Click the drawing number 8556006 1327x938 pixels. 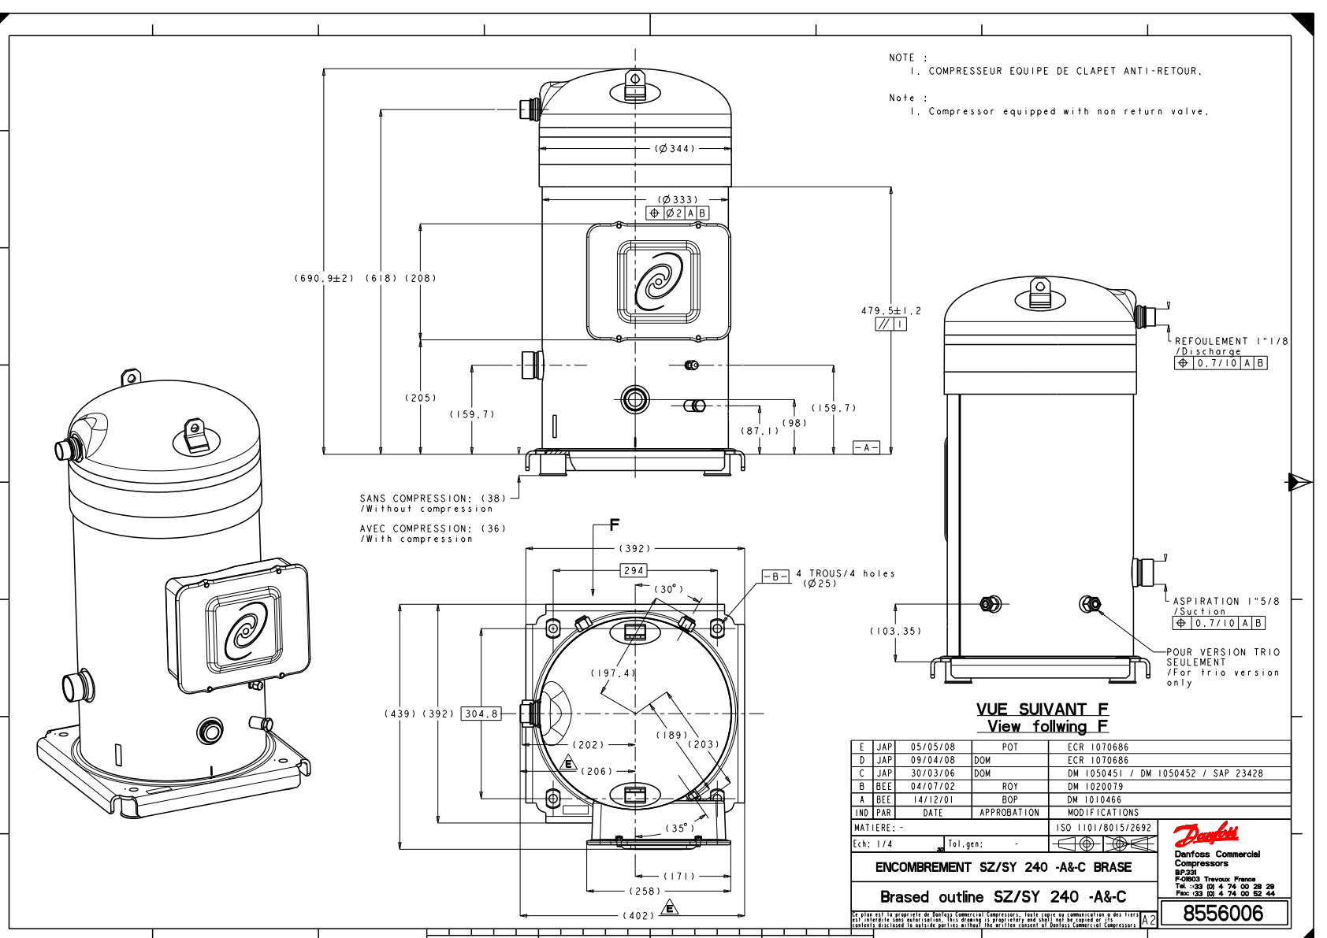pyautogui.click(x=1223, y=914)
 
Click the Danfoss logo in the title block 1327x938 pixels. pyautogui.click(x=1206, y=835)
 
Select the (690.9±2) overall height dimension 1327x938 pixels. pyautogui.click(x=324, y=278)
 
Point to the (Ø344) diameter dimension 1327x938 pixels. pyautogui.click(x=675, y=148)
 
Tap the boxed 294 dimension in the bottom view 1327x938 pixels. pyautogui.click(x=634, y=570)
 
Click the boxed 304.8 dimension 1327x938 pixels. pyautogui.click(x=481, y=714)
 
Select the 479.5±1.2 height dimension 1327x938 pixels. pyautogui.click(x=890, y=311)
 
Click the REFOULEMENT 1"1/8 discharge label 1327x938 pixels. pyautogui.click(x=1231, y=341)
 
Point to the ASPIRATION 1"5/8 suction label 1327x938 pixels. pyautogui.click(x=1226, y=601)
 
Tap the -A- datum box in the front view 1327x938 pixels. pyautogui.click(x=866, y=447)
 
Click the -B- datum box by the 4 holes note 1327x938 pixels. pyautogui.click(x=775, y=577)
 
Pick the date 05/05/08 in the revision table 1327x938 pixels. pyautogui.click(x=932, y=747)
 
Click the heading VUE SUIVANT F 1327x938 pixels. pyautogui.click(x=1042, y=709)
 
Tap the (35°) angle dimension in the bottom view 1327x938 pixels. pyautogui.click(x=679, y=828)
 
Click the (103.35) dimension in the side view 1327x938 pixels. pyautogui.click(x=895, y=631)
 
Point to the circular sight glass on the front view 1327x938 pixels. pyautogui.click(x=634, y=399)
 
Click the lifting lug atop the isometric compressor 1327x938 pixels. pyautogui.click(x=195, y=436)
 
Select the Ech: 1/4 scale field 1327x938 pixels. pyautogui.click(x=872, y=843)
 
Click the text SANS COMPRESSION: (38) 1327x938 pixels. pyautogui.click(x=433, y=498)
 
